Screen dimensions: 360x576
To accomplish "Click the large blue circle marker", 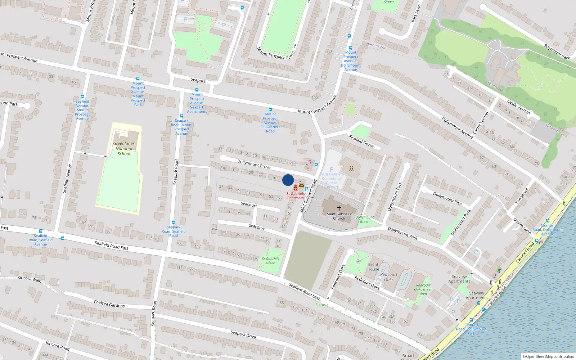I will click(x=288, y=180).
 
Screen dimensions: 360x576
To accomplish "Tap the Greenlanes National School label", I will click(x=124, y=148).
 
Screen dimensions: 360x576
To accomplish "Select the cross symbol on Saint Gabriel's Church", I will click(x=339, y=208).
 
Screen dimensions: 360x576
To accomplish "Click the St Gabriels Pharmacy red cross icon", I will click(x=296, y=188).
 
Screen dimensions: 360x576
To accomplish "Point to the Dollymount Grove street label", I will click(x=254, y=164).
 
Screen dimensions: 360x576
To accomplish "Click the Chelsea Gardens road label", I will click(x=109, y=303).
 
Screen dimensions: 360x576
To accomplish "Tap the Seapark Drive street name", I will click(x=243, y=334).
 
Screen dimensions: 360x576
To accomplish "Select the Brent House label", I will click(x=373, y=267).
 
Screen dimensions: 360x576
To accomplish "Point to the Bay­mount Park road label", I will click(x=557, y=52).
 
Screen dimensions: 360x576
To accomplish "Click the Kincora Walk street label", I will click(x=29, y=279).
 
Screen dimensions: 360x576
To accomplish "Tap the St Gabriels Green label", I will click(x=270, y=261).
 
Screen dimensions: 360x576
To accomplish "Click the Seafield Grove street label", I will click(x=361, y=140).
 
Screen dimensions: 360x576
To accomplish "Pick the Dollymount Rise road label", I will click(x=447, y=198).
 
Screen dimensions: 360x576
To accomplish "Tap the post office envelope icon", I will click(x=302, y=185).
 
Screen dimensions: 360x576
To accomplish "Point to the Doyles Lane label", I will click(x=522, y=226).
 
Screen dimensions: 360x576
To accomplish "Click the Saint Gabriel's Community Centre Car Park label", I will click(x=332, y=180).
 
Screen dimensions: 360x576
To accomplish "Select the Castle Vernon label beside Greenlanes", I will click(x=518, y=107).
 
